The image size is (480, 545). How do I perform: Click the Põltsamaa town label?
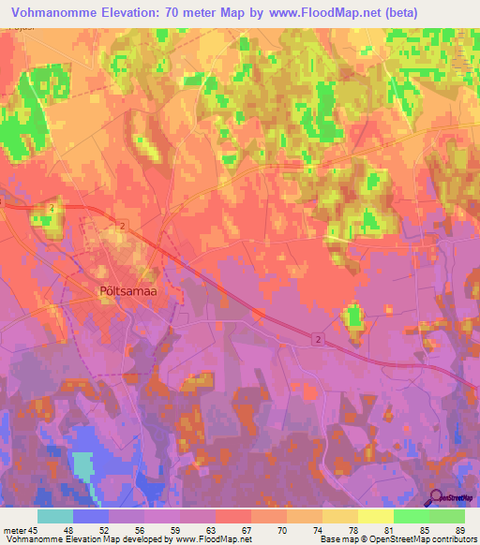126,290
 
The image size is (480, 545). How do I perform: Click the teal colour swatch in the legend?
55,516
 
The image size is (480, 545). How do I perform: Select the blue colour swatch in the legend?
91,516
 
